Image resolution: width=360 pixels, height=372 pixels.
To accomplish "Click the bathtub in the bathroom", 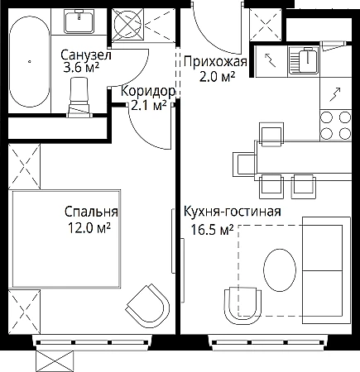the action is coord(30,61).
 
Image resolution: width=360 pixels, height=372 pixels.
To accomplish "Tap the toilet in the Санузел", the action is coord(79,98).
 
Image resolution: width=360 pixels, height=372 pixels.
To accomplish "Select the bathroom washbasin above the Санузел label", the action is coord(79,21).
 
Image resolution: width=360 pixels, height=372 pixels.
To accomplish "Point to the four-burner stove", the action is coord(336,126).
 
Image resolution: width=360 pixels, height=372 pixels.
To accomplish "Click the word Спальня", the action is coord(91,212).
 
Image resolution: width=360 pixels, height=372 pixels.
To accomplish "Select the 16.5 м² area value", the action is coord(212,230).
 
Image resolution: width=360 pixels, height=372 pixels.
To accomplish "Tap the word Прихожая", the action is coord(215,62).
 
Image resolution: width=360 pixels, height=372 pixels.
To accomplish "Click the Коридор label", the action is coord(148,92).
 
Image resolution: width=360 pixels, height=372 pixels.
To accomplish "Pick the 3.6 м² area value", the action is coord(81,68).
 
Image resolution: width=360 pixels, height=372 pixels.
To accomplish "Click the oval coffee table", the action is coord(280,269).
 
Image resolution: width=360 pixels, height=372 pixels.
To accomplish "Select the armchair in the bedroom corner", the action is coord(148,306).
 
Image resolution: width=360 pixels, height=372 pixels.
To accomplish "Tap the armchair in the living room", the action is coord(242,306).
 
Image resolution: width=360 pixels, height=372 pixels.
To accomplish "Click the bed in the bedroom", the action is coord(66,239).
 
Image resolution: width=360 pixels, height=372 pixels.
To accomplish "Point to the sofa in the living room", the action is coord(326,270).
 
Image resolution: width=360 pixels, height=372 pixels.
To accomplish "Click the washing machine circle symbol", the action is coord(128,24).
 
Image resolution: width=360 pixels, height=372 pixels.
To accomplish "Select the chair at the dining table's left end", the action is coord(244,164).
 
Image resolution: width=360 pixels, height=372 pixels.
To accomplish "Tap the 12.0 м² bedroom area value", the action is coord(89,228).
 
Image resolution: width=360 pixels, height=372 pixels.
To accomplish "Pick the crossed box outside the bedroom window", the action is coord(55,361).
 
